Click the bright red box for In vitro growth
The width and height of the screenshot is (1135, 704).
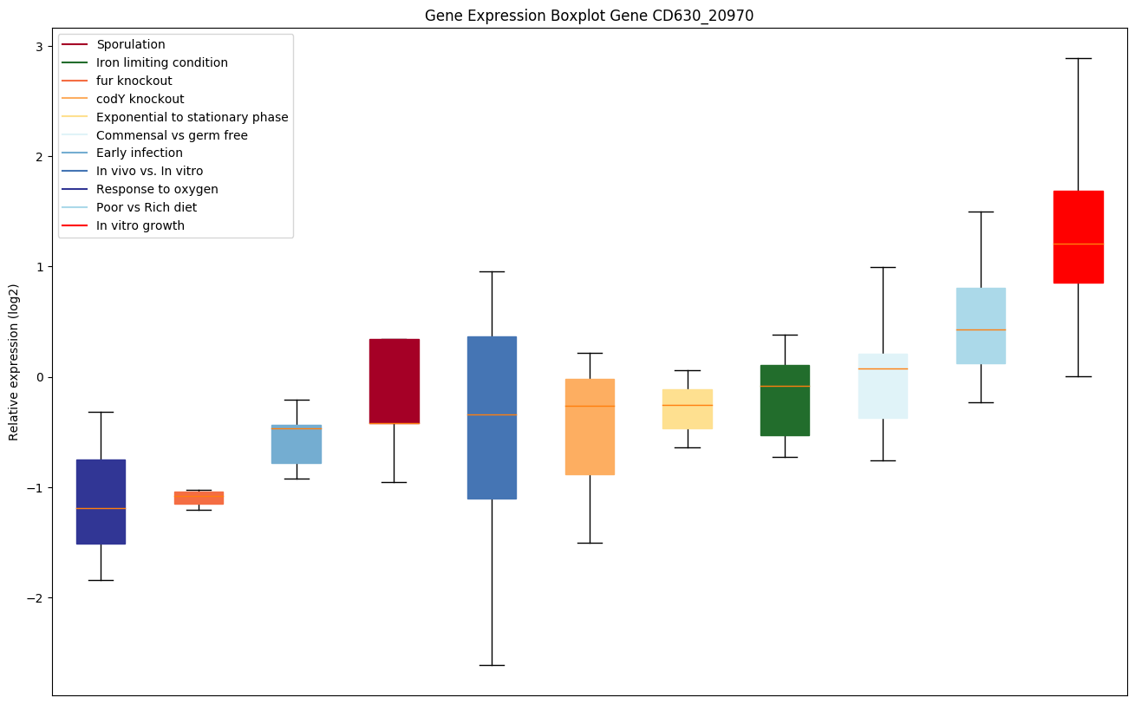1078,237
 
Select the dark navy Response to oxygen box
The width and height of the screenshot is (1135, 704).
101,501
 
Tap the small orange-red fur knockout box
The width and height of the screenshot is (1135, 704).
199,498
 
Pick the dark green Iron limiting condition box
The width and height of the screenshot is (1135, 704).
785,400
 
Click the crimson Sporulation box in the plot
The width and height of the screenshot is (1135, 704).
394,381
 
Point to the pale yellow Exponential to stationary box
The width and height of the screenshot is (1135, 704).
688,408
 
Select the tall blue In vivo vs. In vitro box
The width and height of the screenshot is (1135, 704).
492,417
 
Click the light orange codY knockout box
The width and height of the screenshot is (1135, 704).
590,427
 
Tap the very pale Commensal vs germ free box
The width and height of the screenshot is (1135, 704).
883,386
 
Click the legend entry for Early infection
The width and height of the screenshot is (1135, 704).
140,153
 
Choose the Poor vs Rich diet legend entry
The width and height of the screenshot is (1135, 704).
147,208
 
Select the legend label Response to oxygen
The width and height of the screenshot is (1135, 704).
157,190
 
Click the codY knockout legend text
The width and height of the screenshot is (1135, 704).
140,100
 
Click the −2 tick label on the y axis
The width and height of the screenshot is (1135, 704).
36,598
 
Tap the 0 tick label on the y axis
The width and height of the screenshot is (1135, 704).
40,377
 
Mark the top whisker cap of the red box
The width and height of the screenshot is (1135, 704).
1078,58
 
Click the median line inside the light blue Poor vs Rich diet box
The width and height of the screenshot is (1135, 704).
981,329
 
